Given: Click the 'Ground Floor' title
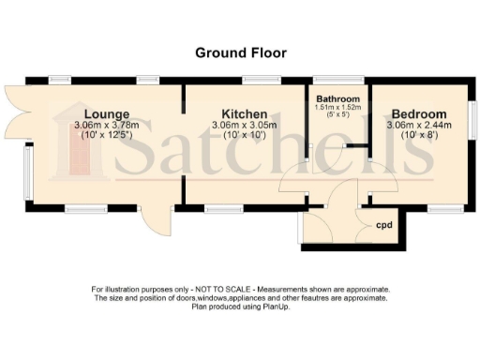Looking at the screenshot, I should point(240,52).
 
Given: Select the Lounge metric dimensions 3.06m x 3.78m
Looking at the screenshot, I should point(105,125).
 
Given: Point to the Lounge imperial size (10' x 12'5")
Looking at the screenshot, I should point(105,136).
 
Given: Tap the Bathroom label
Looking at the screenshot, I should point(337,99).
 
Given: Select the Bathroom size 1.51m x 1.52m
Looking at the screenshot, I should point(337,108).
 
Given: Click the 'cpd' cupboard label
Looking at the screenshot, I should point(382,226).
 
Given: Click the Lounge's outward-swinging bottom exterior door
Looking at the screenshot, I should point(150,221).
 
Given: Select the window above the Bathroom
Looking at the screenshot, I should point(337,80).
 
